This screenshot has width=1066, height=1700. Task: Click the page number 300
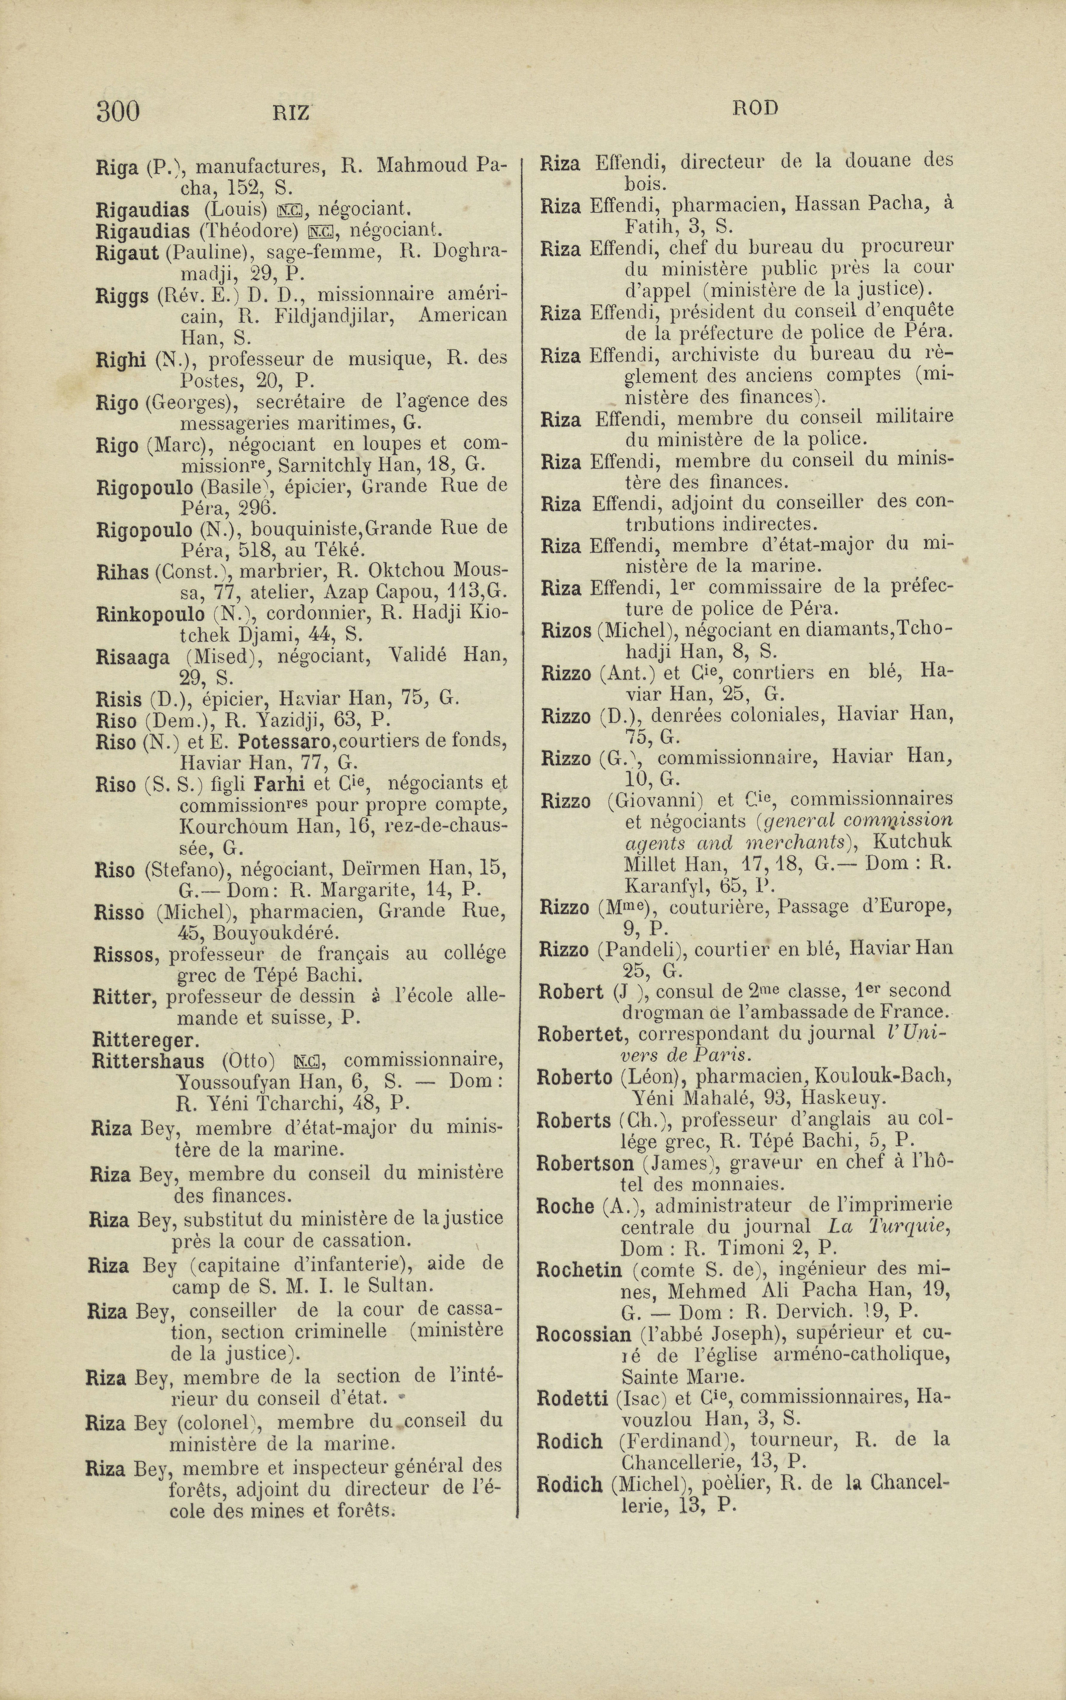click(x=118, y=111)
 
